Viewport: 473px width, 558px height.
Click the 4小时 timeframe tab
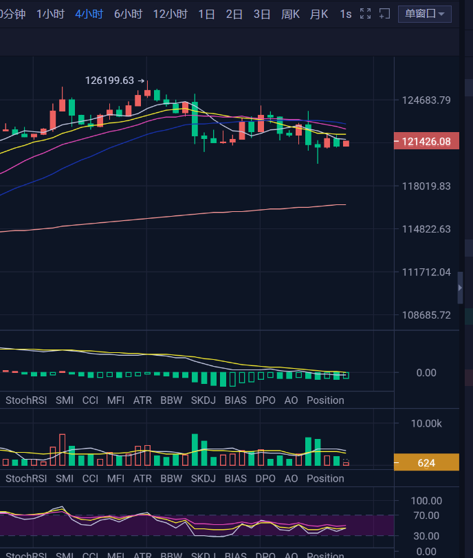coord(89,14)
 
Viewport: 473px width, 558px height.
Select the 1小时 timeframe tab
coord(50,14)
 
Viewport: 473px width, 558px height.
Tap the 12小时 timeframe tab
coord(170,14)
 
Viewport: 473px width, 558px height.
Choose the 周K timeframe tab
coord(290,14)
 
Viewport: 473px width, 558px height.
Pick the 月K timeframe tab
coord(319,14)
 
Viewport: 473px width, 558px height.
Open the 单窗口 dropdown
coord(424,14)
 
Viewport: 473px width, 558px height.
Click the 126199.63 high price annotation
coord(110,81)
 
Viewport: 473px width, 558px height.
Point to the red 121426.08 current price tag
coord(426,142)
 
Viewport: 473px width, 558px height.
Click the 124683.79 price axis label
coord(426,100)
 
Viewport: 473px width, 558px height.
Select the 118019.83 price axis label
coord(426,186)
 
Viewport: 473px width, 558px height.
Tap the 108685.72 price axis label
coord(426,315)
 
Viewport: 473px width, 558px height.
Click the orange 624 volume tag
coord(426,463)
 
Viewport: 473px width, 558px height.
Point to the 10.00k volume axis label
coord(426,423)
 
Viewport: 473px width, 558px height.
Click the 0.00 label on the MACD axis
coord(426,372)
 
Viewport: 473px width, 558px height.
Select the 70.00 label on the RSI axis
coord(426,515)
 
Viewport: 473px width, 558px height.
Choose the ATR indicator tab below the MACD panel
coord(142,400)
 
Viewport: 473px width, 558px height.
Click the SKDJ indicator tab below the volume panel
coord(203,478)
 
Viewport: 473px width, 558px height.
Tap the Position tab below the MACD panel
coord(325,400)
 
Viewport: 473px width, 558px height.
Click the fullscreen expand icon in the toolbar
coord(366,14)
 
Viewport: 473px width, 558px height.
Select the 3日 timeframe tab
coord(262,14)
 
